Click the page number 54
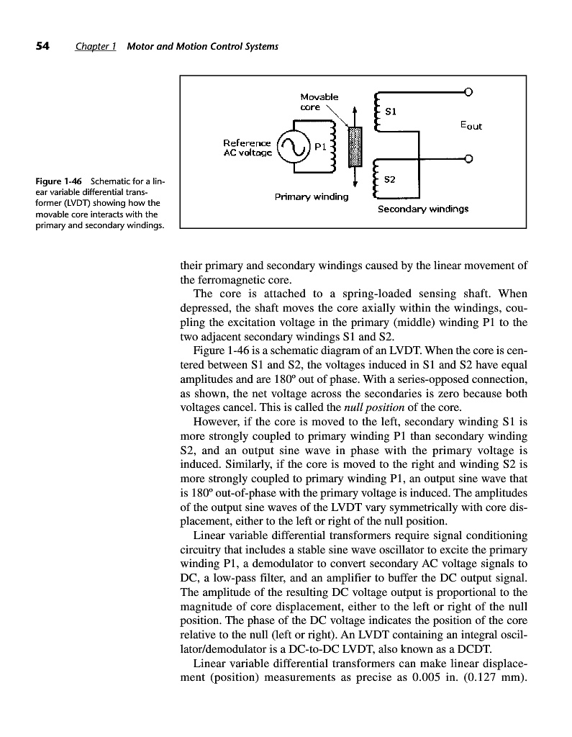point(42,47)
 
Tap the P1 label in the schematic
point(321,147)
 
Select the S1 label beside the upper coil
point(392,112)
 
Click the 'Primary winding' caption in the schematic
point(312,196)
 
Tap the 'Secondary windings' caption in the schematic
point(423,209)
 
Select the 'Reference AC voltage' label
point(248,148)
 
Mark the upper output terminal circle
point(468,91)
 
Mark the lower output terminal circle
point(468,158)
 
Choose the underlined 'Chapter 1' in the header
point(96,47)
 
